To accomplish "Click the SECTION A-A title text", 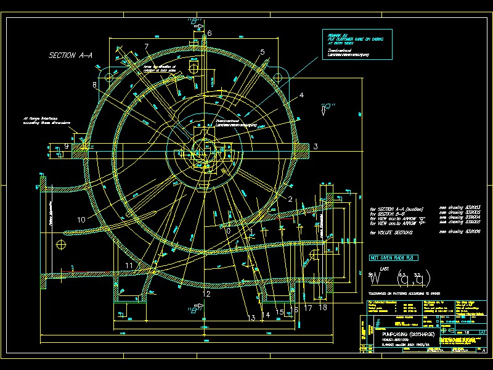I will [x=70, y=55].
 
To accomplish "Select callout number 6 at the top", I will [x=210, y=33].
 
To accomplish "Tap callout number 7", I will [x=146, y=47].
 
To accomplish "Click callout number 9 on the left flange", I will [x=67, y=146].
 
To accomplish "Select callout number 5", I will [x=262, y=52].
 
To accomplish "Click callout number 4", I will [x=301, y=96].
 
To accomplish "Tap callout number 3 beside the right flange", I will [x=315, y=146].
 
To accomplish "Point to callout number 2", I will [x=290, y=199].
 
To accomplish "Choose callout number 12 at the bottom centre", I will [x=206, y=294].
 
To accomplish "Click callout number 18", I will [x=323, y=306].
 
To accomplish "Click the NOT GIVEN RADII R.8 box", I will [x=393, y=257].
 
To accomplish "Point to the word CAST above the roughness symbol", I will [x=384, y=269].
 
